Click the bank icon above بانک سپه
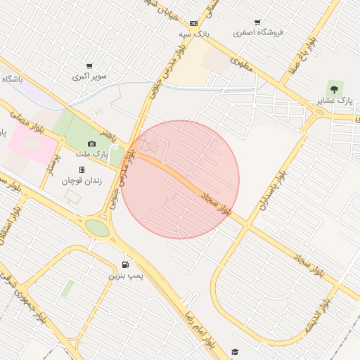click(193, 23)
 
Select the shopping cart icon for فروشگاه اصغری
click(258, 22)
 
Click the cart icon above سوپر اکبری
click(89, 65)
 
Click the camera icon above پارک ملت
click(91, 143)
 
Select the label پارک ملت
click(91, 154)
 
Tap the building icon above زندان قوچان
click(82, 169)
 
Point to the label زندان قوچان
click(82, 181)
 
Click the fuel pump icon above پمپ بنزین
click(125, 264)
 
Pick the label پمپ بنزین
click(125, 276)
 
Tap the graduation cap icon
click(235, 352)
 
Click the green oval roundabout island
click(97, 229)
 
